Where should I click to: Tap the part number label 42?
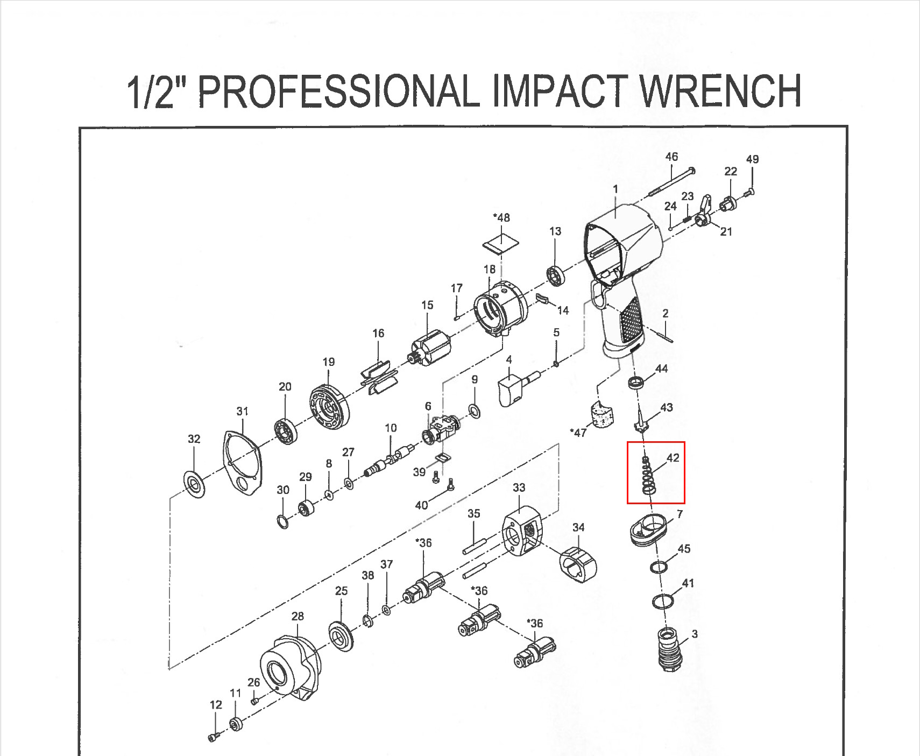[x=673, y=458]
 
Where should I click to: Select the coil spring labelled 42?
[x=648, y=475]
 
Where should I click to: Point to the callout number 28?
[x=298, y=617]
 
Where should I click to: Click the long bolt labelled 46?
[x=672, y=182]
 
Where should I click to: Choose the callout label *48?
[x=501, y=218]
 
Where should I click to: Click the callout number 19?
[x=329, y=362]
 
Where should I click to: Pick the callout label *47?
[x=578, y=433]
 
